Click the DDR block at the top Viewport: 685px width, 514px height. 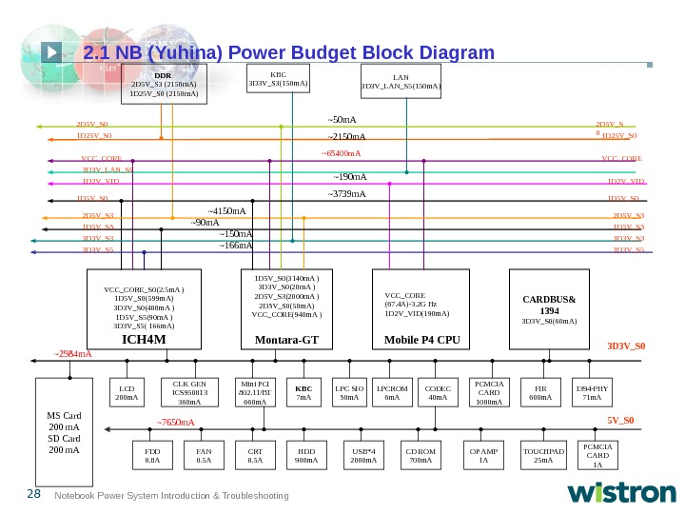point(164,85)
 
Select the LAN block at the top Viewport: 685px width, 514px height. point(401,82)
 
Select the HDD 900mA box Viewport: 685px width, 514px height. point(306,456)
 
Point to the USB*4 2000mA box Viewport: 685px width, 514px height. point(363,456)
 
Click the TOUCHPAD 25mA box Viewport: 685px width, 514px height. point(543,456)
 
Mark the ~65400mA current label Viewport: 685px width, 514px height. point(340,152)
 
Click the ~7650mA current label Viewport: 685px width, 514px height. point(176,422)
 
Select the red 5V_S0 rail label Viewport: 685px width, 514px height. point(620,419)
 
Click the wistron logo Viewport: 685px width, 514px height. point(622,492)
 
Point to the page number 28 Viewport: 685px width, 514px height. point(33,494)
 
